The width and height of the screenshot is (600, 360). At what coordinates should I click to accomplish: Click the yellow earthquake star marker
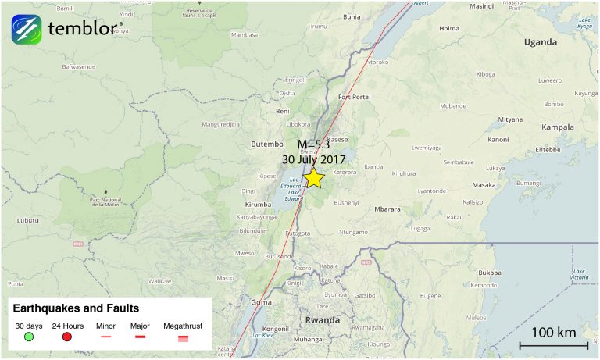pos(314,179)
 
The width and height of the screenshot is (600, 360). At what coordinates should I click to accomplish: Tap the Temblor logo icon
pos(26,29)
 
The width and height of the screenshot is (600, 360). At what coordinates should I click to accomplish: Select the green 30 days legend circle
pos(29,337)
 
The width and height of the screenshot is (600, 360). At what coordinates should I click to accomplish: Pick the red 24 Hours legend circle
pos(67,337)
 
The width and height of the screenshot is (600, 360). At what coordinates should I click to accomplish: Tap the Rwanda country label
pos(322,320)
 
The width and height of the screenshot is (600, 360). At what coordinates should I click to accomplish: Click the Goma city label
pos(260,302)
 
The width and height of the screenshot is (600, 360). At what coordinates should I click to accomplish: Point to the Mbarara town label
pos(387,209)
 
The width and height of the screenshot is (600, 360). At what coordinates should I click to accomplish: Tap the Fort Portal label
pos(354,97)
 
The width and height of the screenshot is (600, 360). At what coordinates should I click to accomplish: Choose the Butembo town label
pos(266,144)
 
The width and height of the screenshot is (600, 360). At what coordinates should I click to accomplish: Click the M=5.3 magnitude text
pos(313,144)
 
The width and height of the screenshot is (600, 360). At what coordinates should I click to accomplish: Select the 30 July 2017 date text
pos(313,159)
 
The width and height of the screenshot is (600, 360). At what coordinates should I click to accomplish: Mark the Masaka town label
pos(484,185)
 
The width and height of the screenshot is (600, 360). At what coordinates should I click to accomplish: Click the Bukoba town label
pos(490,273)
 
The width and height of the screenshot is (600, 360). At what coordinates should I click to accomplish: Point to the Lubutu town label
pos(27,220)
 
